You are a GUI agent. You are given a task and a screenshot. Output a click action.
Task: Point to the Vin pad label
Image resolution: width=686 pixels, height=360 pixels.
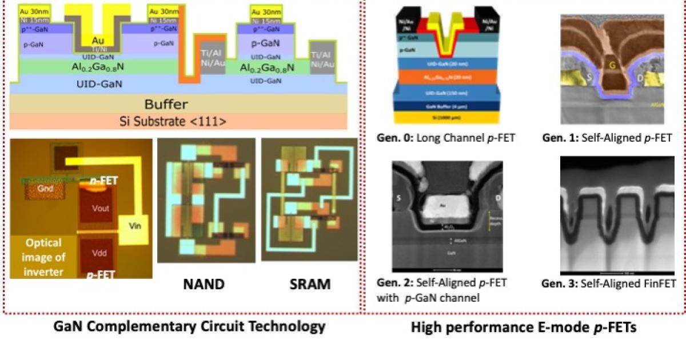[x=134, y=226]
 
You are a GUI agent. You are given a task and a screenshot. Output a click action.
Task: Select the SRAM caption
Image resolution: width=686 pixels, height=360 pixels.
[x=308, y=284]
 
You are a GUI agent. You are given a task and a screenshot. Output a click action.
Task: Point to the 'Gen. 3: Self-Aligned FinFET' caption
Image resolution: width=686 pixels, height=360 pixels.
[x=609, y=283]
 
